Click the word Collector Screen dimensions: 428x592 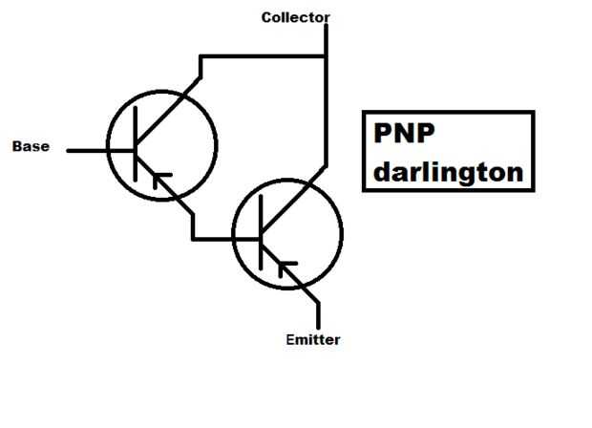295,17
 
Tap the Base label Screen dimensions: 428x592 30,147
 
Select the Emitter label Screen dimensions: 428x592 312,339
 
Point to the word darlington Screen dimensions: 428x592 447,173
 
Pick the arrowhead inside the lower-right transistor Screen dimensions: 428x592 285,265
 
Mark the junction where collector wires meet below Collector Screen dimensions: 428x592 326,56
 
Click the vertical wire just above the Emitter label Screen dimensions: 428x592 318,314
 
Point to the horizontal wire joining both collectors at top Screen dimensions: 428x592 263,56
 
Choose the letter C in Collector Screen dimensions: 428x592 266,17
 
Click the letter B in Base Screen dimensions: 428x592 16,147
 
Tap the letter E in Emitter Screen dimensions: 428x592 290,339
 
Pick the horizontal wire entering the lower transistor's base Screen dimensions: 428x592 224,238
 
